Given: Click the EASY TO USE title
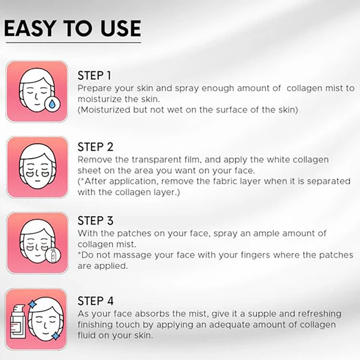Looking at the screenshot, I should (x=72, y=28).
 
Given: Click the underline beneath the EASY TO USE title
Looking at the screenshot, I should (x=72, y=41).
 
